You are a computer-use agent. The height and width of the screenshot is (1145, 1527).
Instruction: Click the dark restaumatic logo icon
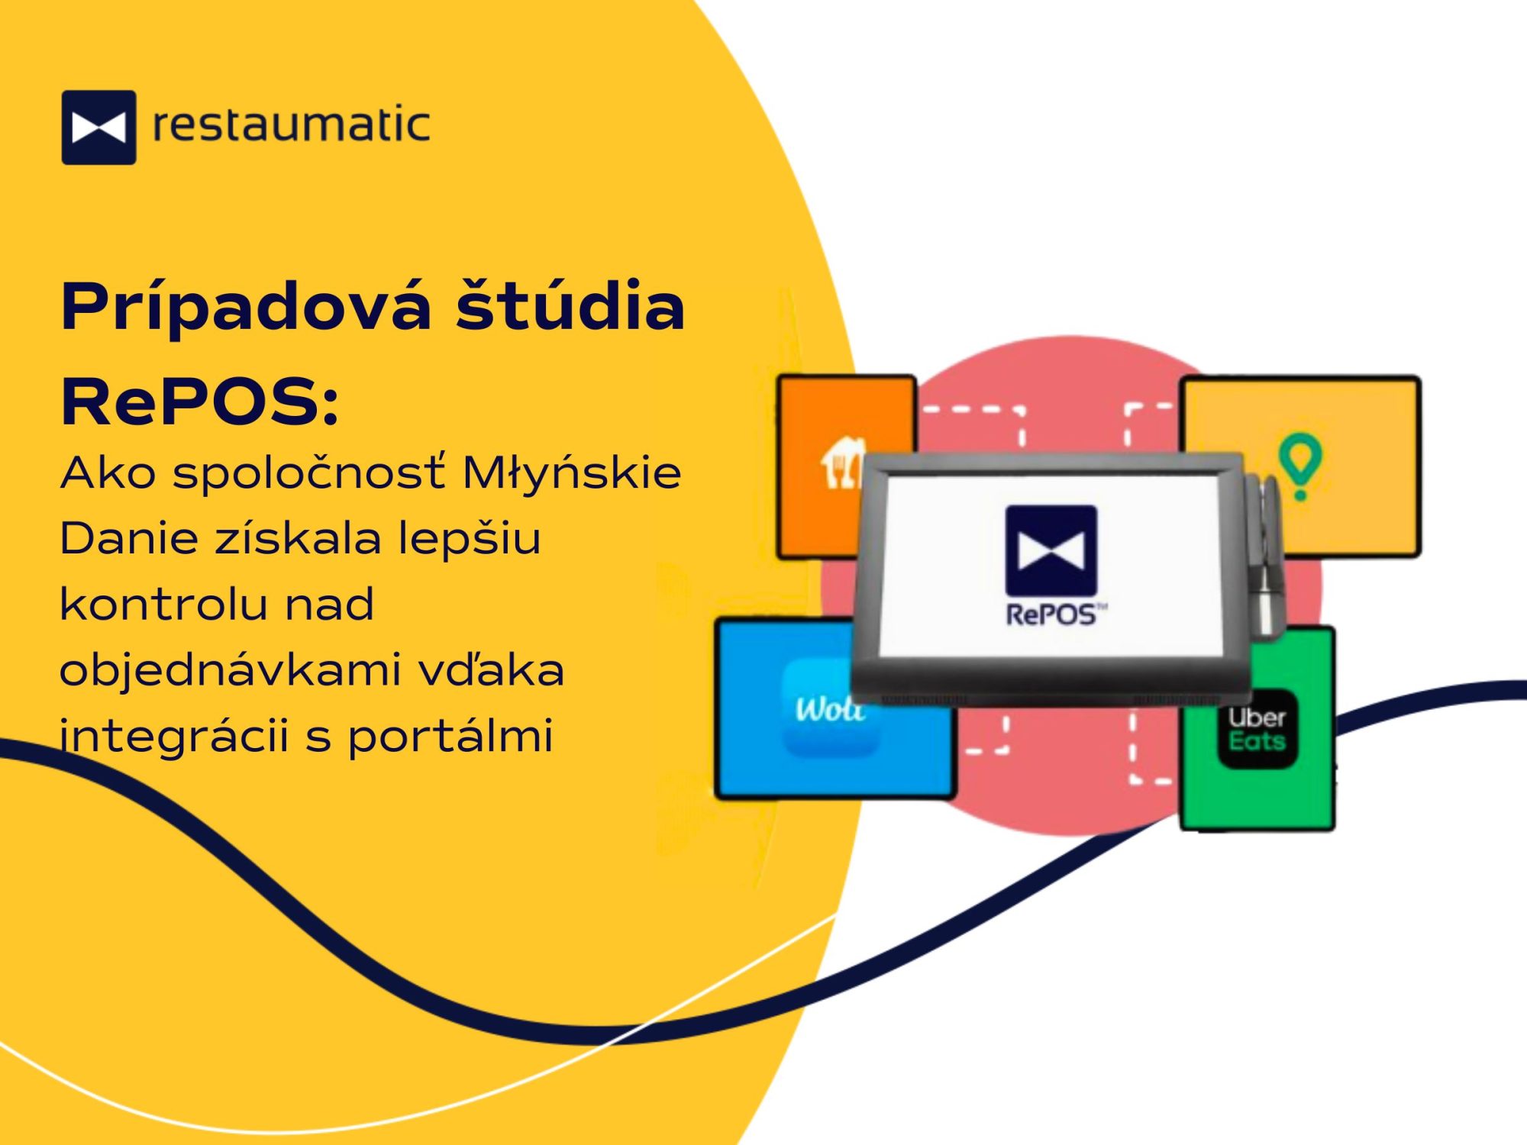(x=98, y=127)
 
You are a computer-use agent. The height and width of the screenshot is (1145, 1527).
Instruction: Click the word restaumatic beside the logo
(x=291, y=126)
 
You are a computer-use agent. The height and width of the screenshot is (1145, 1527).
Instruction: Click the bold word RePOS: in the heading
(x=200, y=402)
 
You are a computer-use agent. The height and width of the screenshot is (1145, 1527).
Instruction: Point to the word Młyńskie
(x=572, y=473)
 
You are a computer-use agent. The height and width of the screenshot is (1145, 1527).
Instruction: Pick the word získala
(x=298, y=539)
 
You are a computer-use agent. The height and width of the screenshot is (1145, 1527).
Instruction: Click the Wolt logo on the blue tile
(x=830, y=710)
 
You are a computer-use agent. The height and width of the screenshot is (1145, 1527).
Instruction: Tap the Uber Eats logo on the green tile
(x=1257, y=729)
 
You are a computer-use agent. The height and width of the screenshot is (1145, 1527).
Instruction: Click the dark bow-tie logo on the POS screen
(x=1051, y=550)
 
